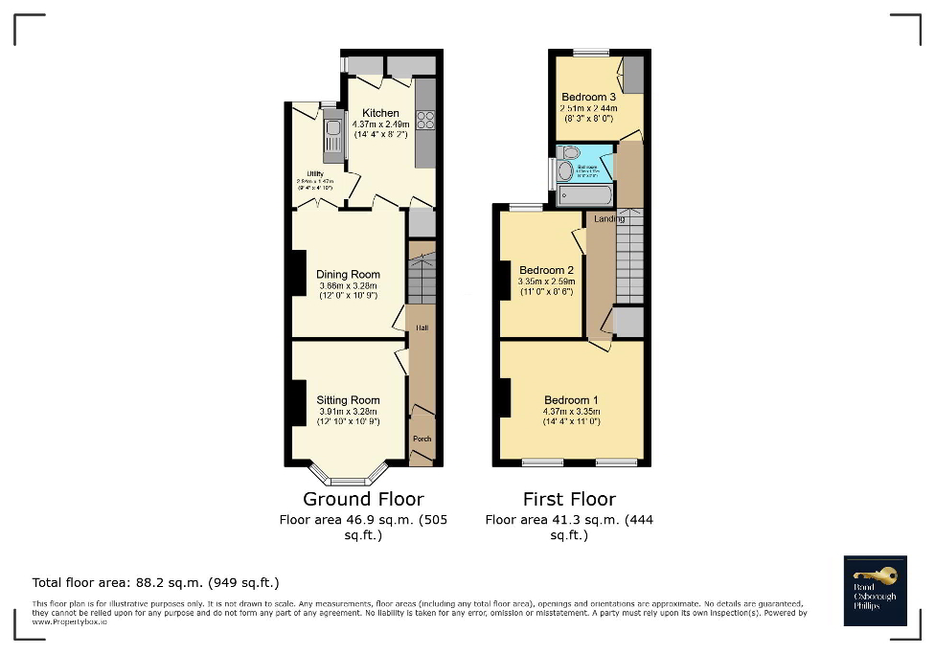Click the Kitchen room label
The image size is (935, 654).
(380, 113)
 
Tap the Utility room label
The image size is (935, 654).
(315, 173)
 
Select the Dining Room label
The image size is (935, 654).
(348, 275)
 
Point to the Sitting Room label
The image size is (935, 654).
(348, 400)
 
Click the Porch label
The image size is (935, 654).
(422, 439)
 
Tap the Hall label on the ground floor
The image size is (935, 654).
(422, 327)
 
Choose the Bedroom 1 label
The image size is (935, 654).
(571, 400)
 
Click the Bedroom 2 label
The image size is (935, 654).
(545, 270)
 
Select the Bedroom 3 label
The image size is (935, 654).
(588, 97)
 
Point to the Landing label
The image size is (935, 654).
(609, 219)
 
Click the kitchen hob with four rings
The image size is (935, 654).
(424, 121)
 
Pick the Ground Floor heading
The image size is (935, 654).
(363, 499)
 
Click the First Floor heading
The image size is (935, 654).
(569, 499)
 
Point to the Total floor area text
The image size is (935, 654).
(155, 582)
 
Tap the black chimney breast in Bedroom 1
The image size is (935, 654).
(502, 397)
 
